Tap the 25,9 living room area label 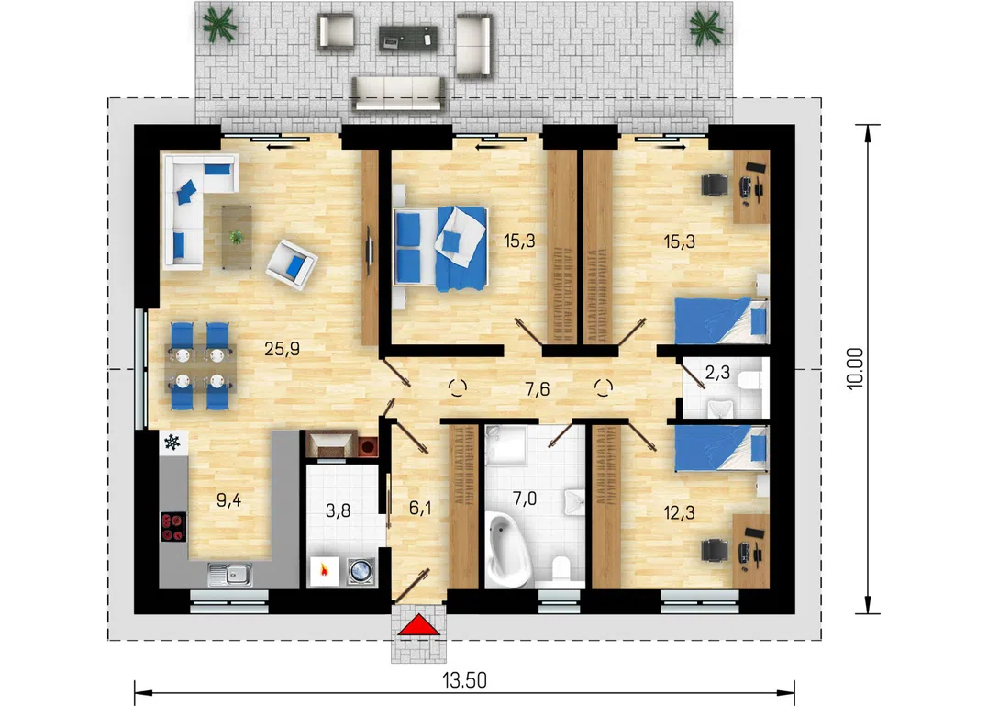(x=282, y=349)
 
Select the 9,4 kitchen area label (x=228, y=500)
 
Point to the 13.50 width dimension (x=464, y=680)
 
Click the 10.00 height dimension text (x=856, y=369)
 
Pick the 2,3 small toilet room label (x=717, y=373)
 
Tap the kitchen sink (x=230, y=574)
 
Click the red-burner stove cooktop (x=172, y=527)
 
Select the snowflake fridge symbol (x=172, y=442)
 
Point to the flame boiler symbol (x=324, y=571)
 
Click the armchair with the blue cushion (x=291, y=264)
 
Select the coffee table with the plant (x=237, y=237)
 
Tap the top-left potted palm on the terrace (x=219, y=25)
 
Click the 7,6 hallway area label (x=538, y=389)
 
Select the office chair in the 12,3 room (x=716, y=550)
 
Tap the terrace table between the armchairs (x=407, y=39)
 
